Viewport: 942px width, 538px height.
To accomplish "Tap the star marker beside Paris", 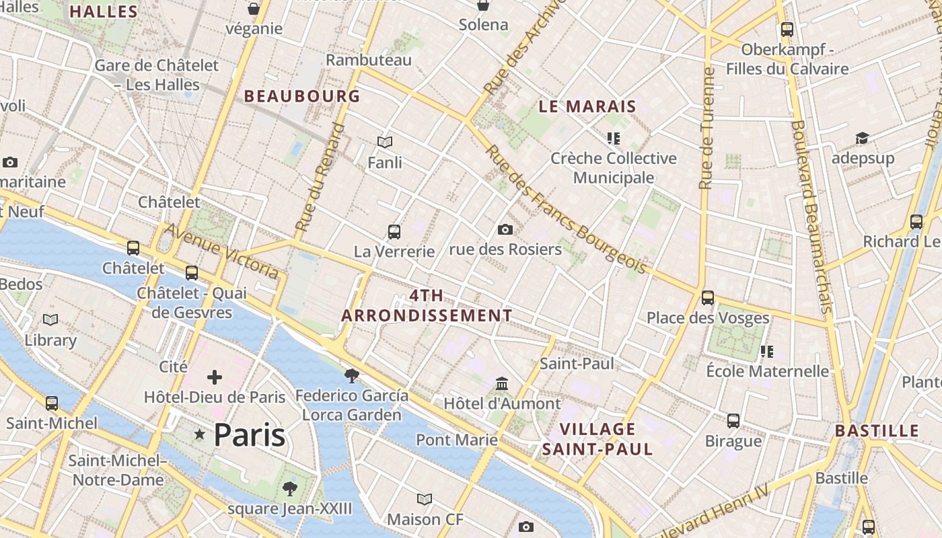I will [x=199, y=434].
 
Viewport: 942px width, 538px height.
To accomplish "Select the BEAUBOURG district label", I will [x=302, y=96].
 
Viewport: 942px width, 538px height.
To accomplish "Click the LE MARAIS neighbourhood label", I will [x=587, y=106].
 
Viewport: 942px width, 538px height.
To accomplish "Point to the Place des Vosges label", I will [x=708, y=318].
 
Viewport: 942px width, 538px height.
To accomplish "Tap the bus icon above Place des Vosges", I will [x=707, y=297].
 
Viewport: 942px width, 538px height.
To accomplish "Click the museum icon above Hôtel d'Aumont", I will [x=501, y=383].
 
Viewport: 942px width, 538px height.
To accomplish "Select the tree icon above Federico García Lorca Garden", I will [x=351, y=375].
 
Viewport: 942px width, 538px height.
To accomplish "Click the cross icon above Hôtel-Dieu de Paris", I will [x=215, y=377].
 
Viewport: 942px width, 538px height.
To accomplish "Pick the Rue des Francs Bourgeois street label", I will [x=565, y=210].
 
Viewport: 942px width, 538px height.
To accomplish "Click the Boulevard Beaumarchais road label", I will [x=811, y=215].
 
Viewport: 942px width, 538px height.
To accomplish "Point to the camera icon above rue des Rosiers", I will [x=505, y=230].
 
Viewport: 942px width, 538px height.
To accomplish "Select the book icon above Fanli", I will [x=385, y=142].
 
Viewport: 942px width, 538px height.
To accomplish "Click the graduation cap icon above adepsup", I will [x=862, y=138].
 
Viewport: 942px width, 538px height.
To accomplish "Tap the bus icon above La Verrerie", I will [x=394, y=232].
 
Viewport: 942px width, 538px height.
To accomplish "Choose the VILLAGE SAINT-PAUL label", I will [x=597, y=439].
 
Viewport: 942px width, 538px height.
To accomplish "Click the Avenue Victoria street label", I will [x=222, y=251].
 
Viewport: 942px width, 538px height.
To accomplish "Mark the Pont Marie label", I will [x=457, y=440].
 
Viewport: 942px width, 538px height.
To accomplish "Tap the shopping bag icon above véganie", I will [x=254, y=9].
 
